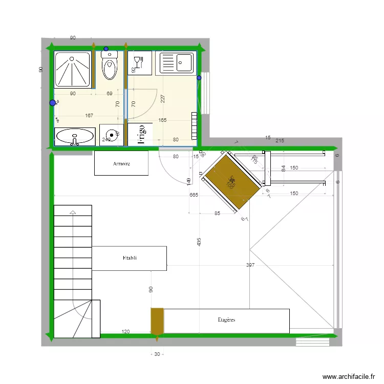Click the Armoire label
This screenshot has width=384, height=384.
coord(121,164)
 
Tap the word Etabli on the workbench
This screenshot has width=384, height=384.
coord(130,258)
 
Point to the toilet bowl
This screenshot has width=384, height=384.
coord(110,68)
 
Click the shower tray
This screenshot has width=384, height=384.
coord(73,69)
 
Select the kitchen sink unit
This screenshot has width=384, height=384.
coord(177,63)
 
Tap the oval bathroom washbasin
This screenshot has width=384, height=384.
coord(75,136)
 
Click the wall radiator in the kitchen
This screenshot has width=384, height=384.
coord(194,125)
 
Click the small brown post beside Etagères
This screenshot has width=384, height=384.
coord(157,321)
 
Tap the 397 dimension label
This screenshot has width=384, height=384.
coord(250,265)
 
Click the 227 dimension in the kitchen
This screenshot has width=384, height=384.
coord(163,99)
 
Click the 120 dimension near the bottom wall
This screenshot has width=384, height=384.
coord(125,332)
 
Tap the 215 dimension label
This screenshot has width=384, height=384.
coord(280,140)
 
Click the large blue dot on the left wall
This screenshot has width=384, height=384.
coord(53,103)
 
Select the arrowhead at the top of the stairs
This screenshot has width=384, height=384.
coord(73,212)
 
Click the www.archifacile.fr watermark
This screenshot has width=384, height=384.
coord(348,376)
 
